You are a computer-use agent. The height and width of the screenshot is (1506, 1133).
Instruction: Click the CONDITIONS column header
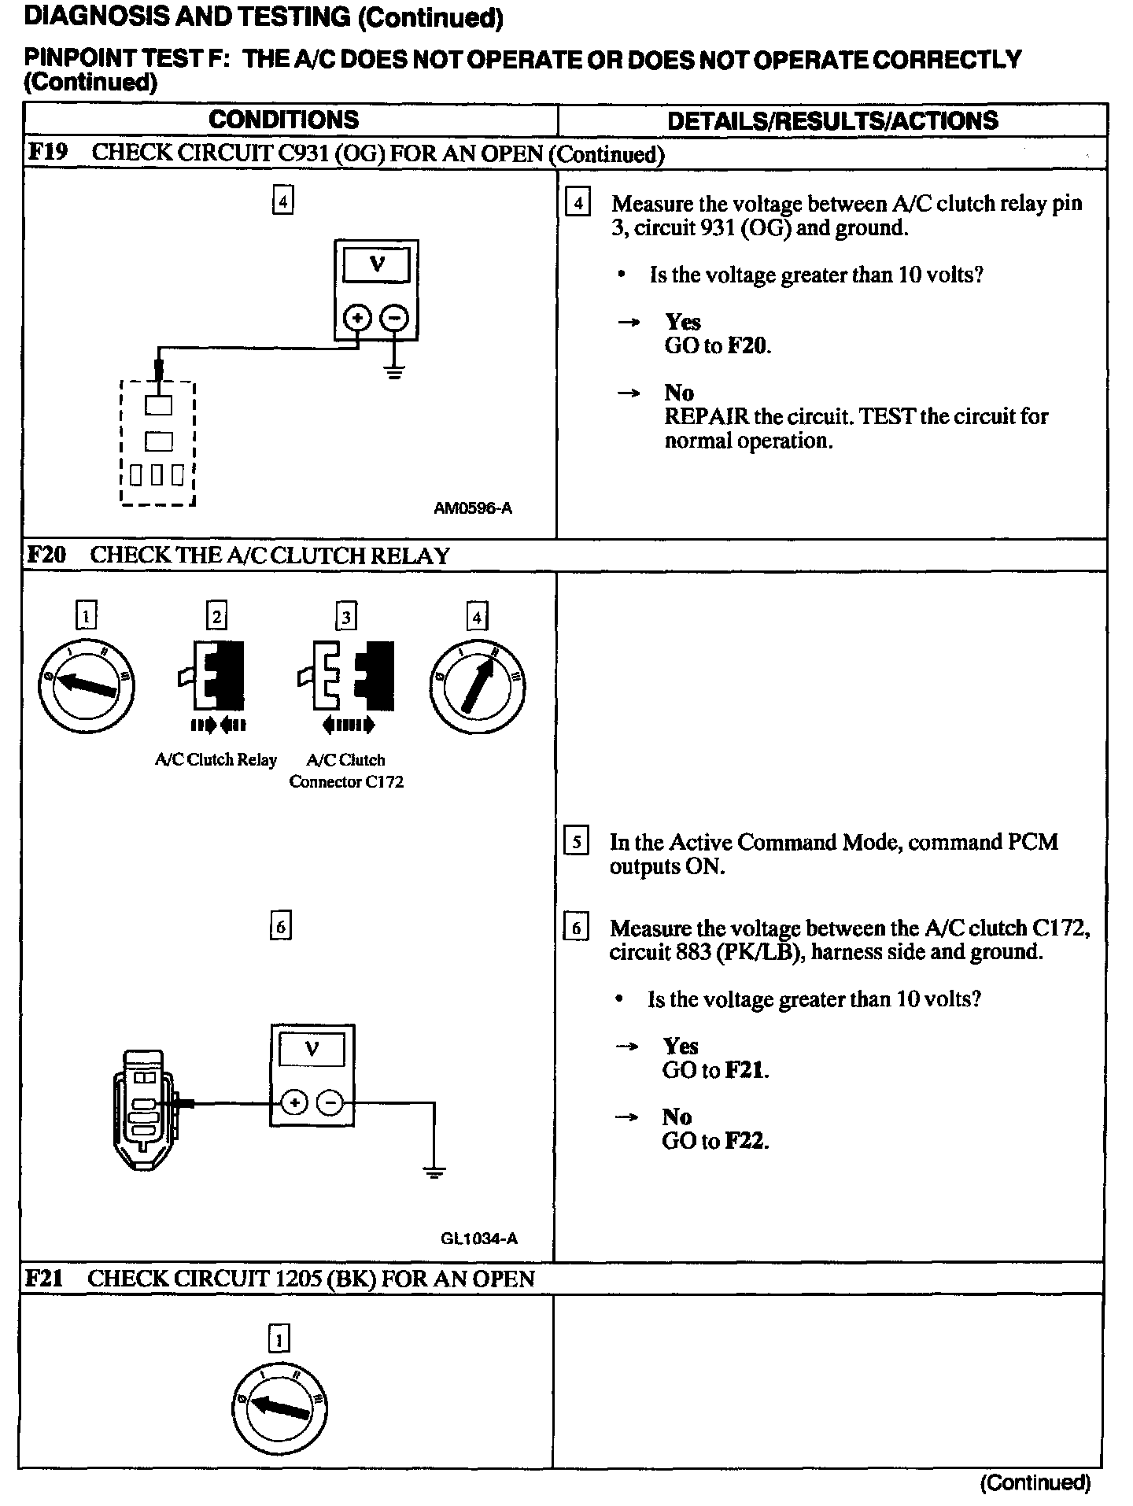tap(283, 120)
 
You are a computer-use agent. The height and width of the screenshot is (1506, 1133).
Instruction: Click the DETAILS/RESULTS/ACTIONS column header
tap(832, 120)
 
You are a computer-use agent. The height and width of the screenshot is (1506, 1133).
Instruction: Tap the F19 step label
tap(47, 152)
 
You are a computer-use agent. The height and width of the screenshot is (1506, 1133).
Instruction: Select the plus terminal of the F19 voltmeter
tap(358, 318)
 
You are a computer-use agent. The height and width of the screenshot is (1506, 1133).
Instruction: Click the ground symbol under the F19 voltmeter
tap(394, 371)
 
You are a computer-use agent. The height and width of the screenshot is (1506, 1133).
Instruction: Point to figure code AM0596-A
tap(473, 508)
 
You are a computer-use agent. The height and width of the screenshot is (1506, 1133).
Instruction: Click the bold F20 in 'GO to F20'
tap(746, 345)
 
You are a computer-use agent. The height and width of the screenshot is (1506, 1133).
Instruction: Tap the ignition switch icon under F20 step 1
tap(86, 686)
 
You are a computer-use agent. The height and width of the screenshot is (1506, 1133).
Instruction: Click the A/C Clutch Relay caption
tap(216, 760)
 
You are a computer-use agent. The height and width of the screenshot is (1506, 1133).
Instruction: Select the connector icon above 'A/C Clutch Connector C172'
tap(346, 677)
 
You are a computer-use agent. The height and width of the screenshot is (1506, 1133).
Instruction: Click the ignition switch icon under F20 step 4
tap(478, 686)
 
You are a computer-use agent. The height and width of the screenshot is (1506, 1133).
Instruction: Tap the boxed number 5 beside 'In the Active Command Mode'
tap(577, 842)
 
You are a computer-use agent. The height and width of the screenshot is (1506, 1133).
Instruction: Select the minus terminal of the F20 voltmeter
tap(330, 1103)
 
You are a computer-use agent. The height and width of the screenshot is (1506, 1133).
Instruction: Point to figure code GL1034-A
tap(479, 1238)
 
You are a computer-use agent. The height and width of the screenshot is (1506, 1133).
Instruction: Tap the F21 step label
tap(43, 1278)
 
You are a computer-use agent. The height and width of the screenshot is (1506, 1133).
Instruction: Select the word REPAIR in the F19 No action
tap(703, 416)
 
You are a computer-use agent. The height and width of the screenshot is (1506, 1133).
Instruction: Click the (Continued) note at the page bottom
tap(1035, 1482)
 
